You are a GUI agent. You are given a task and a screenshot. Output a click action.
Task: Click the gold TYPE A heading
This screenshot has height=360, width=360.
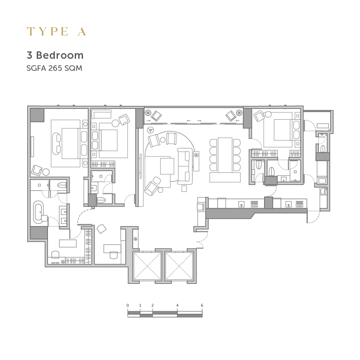[x=57, y=32]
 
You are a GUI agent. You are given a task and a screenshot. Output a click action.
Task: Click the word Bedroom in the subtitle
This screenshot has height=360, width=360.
[x=60, y=55]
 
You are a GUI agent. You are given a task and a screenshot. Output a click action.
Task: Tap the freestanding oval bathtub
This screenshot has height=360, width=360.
[x=38, y=212]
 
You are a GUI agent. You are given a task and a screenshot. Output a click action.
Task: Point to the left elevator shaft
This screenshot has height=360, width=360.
[x=147, y=266]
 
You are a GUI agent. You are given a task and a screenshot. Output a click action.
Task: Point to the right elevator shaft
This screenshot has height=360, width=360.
[x=179, y=266]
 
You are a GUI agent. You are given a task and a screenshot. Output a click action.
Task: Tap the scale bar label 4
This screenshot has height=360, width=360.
[x=177, y=306]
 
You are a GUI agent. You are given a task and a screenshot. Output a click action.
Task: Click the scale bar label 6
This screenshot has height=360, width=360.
[x=202, y=306]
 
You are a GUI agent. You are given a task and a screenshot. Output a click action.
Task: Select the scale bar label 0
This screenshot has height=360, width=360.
[x=127, y=306]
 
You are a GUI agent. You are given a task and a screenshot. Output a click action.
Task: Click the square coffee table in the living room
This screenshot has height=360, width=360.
[x=167, y=166]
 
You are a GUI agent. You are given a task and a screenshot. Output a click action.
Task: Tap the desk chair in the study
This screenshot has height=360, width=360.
[x=114, y=255]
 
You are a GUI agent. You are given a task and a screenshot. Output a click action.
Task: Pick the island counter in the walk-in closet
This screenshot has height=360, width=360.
[x=68, y=243]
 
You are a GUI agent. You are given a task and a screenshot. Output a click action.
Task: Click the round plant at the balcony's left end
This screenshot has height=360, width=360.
[x=148, y=113]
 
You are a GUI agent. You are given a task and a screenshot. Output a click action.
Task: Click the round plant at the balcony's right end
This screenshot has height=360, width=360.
[x=239, y=113]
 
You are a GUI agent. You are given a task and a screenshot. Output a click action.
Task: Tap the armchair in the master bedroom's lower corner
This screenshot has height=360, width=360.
[x=37, y=170]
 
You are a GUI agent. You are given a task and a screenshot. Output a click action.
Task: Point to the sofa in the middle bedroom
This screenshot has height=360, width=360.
[x=101, y=114]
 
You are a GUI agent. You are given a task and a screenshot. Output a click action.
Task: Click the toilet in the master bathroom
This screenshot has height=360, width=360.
[x=62, y=185]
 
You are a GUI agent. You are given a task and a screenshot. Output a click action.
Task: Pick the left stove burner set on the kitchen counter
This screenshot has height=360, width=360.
[x=254, y=204]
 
